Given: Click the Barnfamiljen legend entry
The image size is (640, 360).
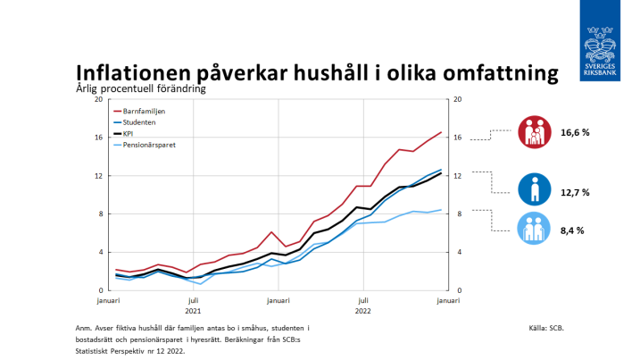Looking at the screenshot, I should coord(144,111).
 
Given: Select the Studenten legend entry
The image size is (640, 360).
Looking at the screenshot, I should coord(140,122).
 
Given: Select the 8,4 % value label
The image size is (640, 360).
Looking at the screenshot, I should coord(572,230).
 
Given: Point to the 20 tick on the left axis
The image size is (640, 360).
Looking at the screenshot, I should coord(100,98).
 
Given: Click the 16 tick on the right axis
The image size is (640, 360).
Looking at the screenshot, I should coord(457,138).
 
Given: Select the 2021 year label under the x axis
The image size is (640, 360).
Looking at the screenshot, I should coord(193,311).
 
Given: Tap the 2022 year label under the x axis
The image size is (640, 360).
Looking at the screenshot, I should coord(363,311).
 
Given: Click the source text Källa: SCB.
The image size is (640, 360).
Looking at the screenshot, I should coord(546,329).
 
